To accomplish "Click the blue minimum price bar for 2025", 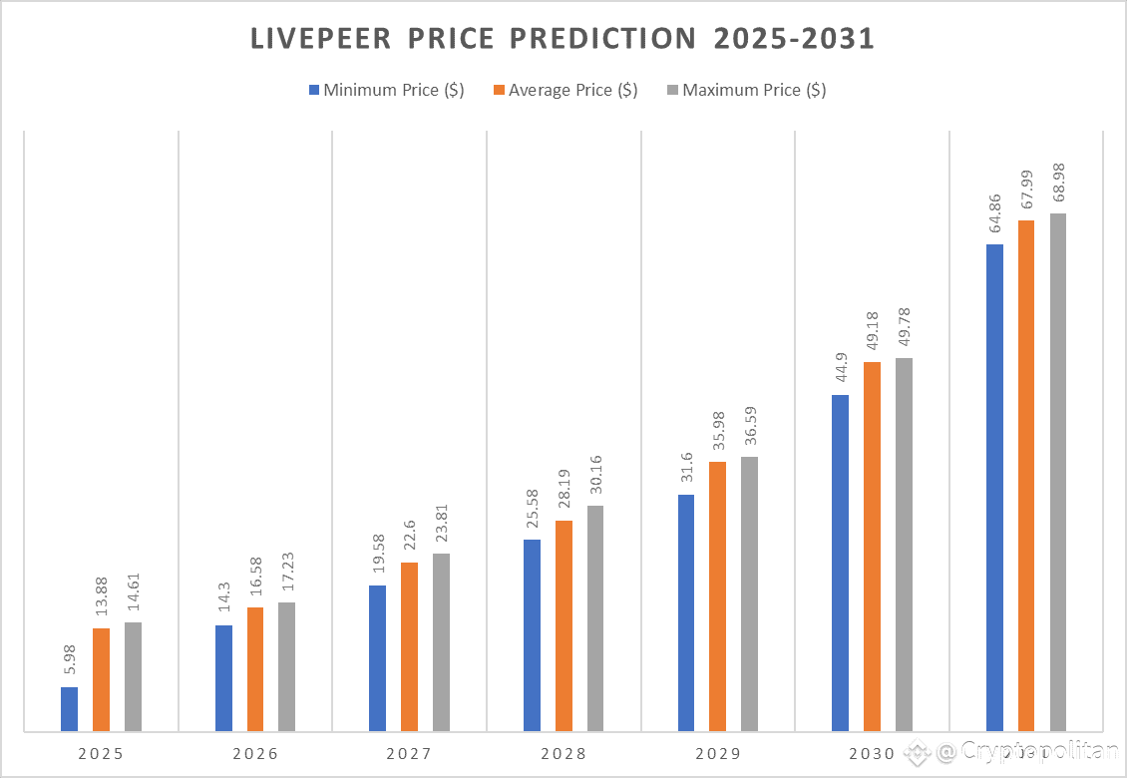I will coord(69,709).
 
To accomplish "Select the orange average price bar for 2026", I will coord(255,669).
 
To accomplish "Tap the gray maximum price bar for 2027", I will coord(441,642).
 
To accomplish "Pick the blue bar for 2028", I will coord(532,635).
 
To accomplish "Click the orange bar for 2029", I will coord(717,596).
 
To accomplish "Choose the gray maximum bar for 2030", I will coord(904,545).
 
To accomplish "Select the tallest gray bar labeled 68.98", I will coord(1057,472).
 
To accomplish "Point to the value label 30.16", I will coord(595,477).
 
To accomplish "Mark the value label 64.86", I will coord(994,215).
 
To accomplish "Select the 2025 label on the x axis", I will coord(101,753).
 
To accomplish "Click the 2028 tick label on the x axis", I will coord(563,753).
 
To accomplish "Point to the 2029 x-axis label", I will coord(717,753).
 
